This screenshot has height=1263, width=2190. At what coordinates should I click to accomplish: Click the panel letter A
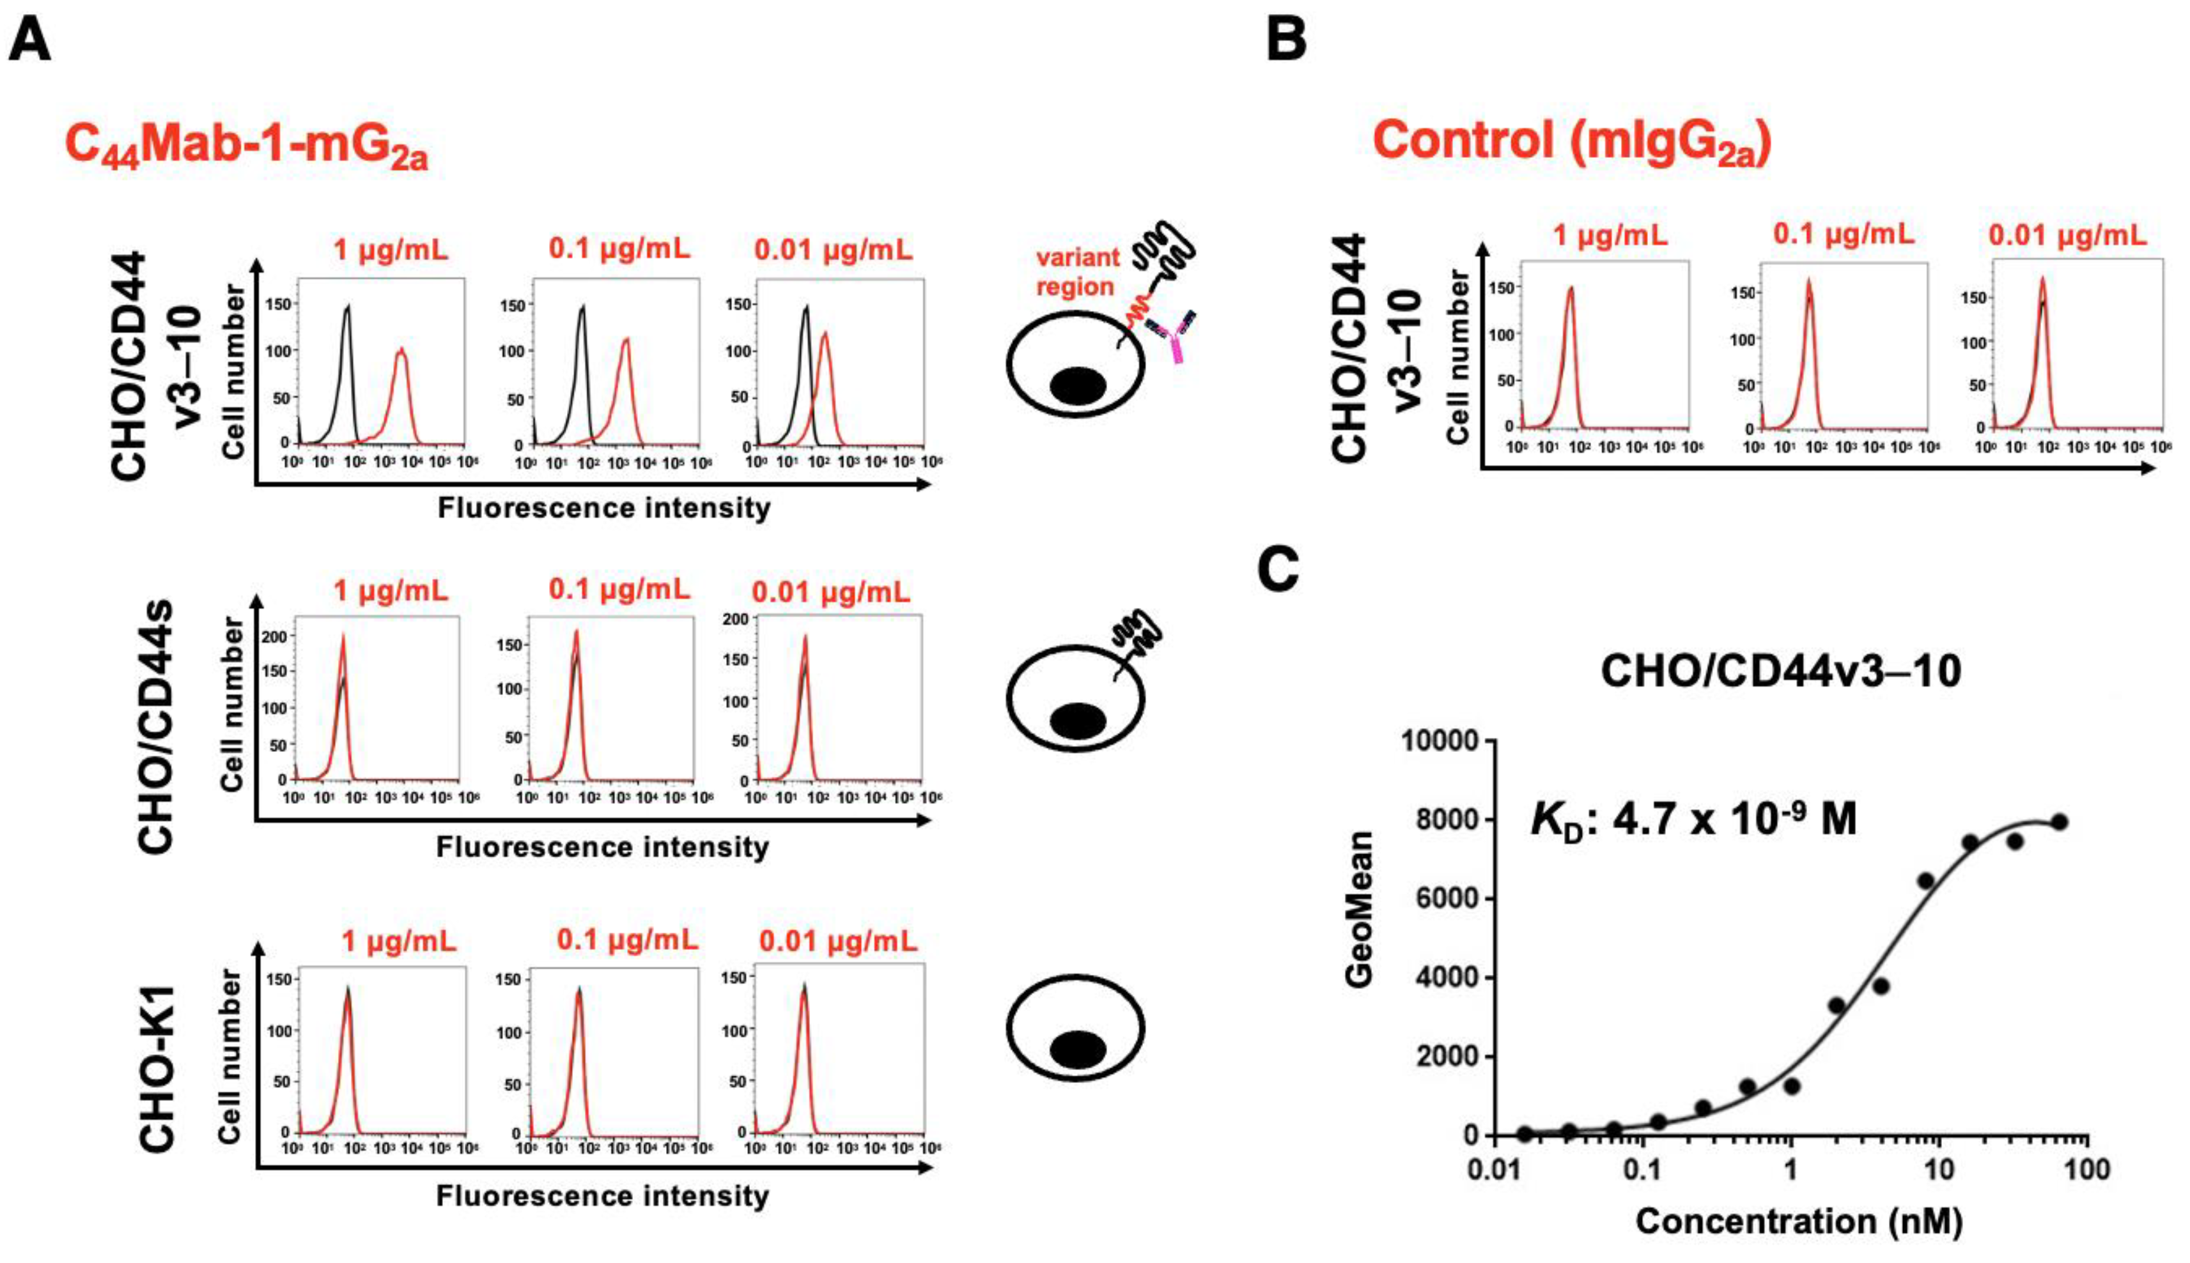pyautogui.click(x=29, y=41)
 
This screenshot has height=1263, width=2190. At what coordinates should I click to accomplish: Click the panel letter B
pyautogui.click(x=1286, y=41)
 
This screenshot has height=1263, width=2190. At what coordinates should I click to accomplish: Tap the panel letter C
pyautogui.click(x=1279, y=569)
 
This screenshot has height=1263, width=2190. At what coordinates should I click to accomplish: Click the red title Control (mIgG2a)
pyautogui.click(x=1571, y=141)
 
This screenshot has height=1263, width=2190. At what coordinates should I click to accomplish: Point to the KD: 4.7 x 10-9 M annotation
pyautogui.click(x=1693, y=819)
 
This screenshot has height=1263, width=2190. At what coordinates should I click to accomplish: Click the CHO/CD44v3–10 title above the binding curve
pyautogui.click(x=1780, y=671)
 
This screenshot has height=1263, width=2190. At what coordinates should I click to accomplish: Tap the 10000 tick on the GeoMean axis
pyautogui.click(x=1440, y=741)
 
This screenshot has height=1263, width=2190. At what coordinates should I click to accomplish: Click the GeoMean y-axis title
pyautogui.click(x=1359, y=909)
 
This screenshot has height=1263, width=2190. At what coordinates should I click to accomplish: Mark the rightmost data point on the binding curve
pyautogui.click(x=2058, y=822)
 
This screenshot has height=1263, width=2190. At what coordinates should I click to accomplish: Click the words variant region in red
pyautogui.click(x=1076, y=272)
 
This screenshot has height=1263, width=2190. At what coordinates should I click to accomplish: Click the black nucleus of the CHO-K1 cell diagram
pyautogui.click(x=1078, y=1050)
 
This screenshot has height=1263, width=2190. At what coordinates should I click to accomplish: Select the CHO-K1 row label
pyautogui.click(x=158, y=1069)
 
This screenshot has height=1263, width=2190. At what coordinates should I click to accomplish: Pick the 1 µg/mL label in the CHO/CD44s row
pyautogui.click(x=391, y=591)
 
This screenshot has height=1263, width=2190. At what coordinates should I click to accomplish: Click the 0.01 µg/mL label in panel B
pyautogui.click(x=2067, y=234)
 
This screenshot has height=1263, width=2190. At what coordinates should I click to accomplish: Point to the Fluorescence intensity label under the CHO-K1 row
pyautogui.click(x=602, y=1196)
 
